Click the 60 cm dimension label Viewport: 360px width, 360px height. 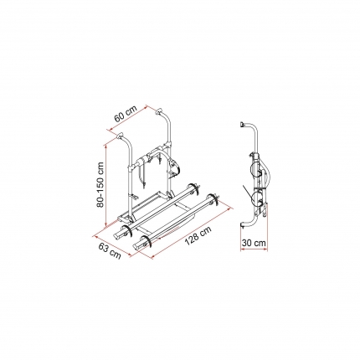tap(126, 114)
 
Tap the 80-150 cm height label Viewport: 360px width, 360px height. tap(100, 185)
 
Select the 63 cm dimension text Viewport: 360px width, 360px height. tap(110, 249)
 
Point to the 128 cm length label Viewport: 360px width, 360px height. tap(198, 235)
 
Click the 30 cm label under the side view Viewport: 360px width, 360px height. tap(254, 243)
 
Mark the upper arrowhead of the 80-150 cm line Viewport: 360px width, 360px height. tap(106, 145)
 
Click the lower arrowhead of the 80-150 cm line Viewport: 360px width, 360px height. tap(106, 224)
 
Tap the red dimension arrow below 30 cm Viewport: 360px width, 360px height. tap(254, 250)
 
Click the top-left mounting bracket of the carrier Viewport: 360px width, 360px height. tap(121, 136)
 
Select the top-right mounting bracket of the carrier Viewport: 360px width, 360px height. tap(159, 111)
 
